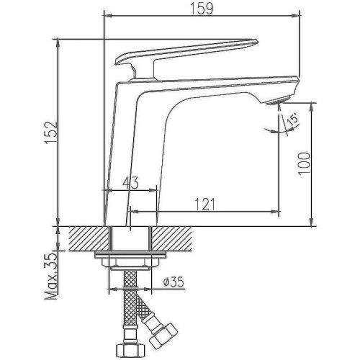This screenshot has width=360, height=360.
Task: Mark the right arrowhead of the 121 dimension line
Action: point(276,212)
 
